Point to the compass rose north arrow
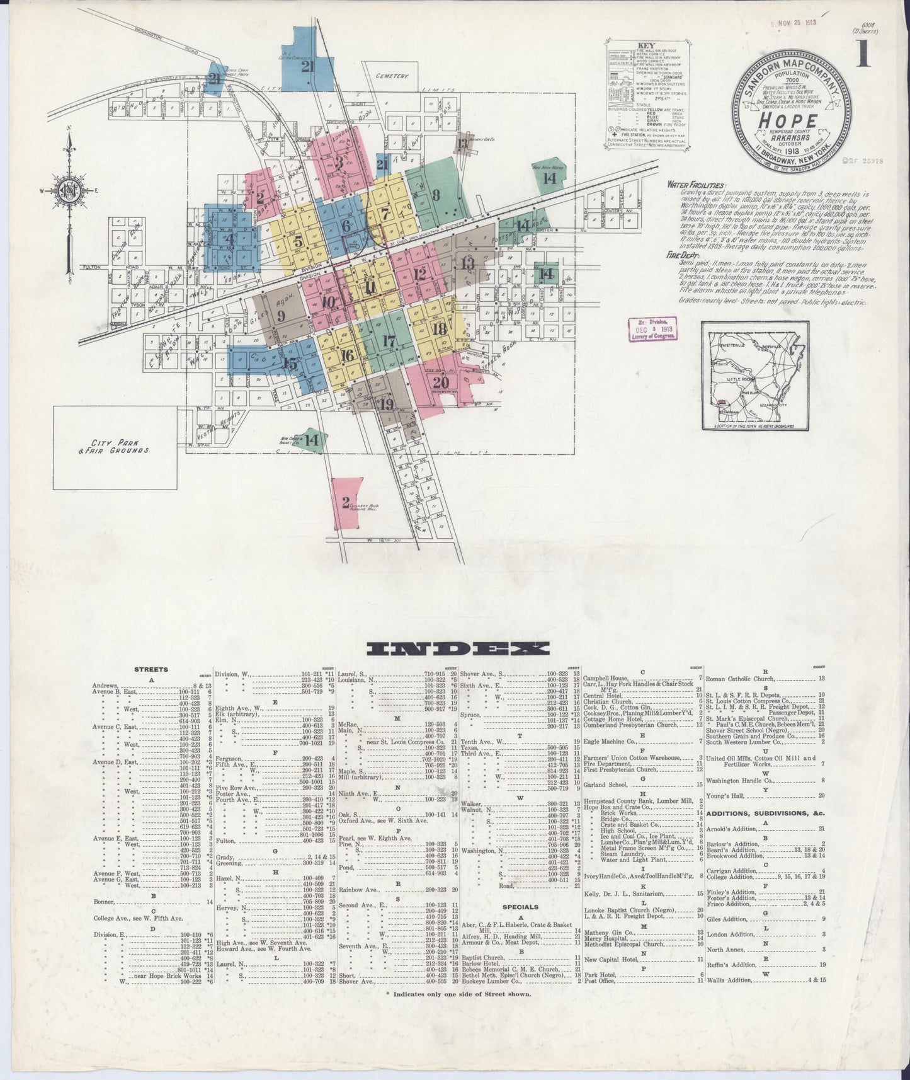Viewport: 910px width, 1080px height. [69, 183]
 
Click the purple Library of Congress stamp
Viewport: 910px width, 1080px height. [654, 329]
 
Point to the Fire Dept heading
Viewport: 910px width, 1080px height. [684, 256]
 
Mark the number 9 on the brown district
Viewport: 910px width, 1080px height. [280, 315]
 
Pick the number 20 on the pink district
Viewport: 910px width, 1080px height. [441, 382]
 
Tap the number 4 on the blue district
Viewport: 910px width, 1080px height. [230, 239]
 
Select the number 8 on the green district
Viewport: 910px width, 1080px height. [436, 195]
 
